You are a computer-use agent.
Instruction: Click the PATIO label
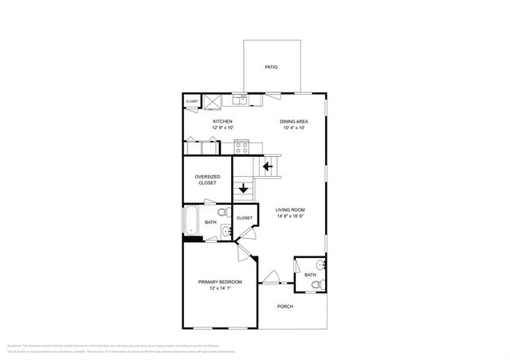[x=271, y=67]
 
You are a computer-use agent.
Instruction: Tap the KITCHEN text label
[x=222, y=121]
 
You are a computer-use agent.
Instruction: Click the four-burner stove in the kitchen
[x=242, y=147]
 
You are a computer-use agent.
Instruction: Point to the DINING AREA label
[x=293, y=121]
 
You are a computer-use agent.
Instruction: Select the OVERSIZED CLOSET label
[x=207, y=179]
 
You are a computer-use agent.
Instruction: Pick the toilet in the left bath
[x=225, y=213]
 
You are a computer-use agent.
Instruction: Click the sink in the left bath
[x=226, y=232]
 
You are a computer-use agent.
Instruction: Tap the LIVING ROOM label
[x=291, y=209]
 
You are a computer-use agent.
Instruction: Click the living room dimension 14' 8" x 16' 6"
[x=291, y=216]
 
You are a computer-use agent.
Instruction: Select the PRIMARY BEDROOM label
[x=220, y=283]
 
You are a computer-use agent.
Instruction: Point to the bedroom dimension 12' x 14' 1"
[x=220, y=289]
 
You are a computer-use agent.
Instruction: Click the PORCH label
[x=285, y=307]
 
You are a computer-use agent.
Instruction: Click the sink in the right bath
[x=320, y=264]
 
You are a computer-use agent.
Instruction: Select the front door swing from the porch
[x=271, y=277]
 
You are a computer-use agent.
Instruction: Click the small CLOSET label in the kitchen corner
[x=192, y=102]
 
